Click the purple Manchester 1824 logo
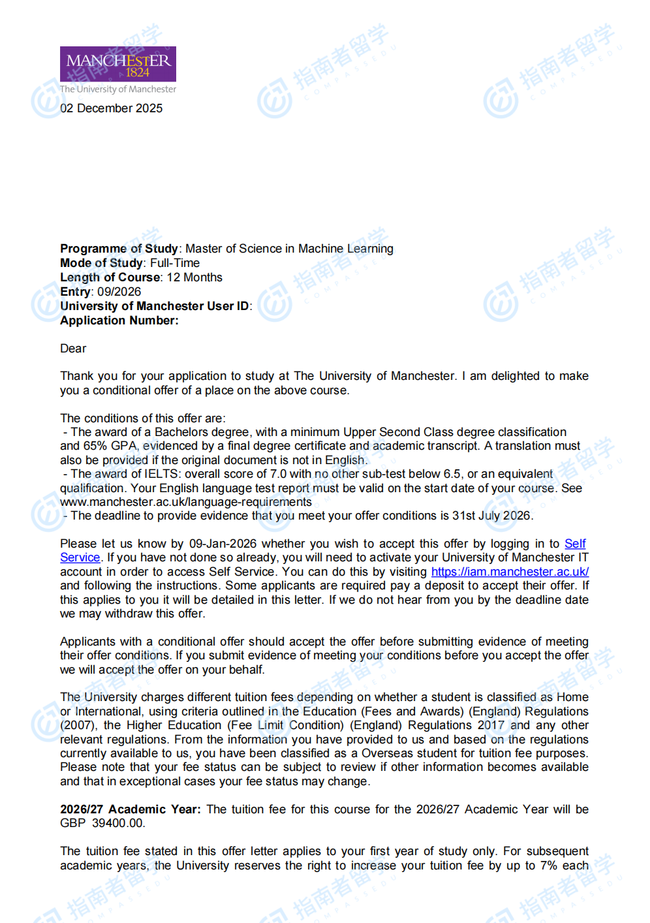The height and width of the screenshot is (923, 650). coord(118,64)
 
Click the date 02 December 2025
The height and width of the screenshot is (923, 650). coord(112,108)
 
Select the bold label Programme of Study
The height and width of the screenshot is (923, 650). coord(119,249)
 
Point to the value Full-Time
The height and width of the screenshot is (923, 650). coord(175,263)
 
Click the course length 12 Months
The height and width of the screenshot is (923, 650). coord(194,277)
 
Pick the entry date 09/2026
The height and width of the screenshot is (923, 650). coord(119,292)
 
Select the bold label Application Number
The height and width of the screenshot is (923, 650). coord(119,321)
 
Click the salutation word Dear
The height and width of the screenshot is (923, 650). coord(73,349)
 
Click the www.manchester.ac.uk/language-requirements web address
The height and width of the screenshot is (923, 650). coord(186,502)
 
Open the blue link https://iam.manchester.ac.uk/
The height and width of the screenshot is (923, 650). coord(510,572)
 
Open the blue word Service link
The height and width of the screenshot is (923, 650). coord(80,557)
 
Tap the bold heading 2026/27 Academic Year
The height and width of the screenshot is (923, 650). coord(130,809)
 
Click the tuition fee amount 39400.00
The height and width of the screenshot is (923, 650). coord(118,823)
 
